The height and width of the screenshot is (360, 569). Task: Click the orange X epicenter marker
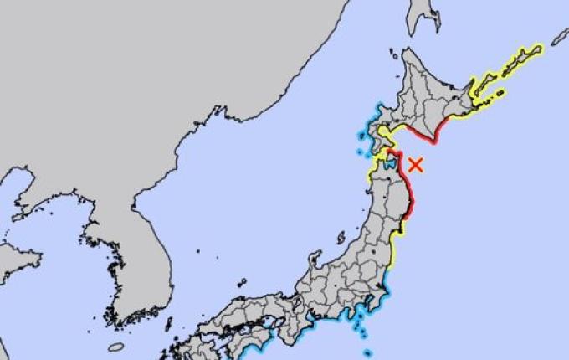point(416,165)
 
